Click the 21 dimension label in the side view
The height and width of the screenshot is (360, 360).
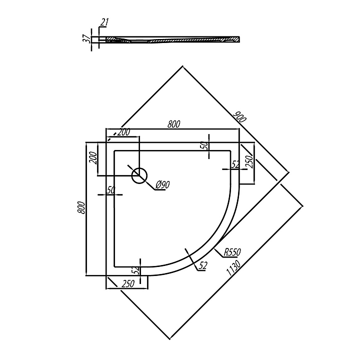tap(104, 22)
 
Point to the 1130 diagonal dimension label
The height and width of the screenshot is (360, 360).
tap(233, 267)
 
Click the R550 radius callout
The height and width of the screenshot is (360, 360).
tap(232, 252)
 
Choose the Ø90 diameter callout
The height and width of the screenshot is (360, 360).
tap(162, 184)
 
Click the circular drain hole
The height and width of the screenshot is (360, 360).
tap(139, 175)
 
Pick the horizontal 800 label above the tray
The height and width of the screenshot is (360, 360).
tap(173, 124)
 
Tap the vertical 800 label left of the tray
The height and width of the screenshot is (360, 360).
tap(81, 207)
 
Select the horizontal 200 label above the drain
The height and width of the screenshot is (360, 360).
tap(124, 132)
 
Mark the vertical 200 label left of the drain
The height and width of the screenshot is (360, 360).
tap(93, 158)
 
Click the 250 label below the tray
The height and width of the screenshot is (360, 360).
tap(128, 284)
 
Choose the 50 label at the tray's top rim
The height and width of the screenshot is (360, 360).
tap(205, 145)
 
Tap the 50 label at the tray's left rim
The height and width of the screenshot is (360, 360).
tap(111, 190)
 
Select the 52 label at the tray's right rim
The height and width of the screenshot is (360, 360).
tap(235, 164)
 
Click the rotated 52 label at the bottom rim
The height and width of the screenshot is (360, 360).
tap(136, 270)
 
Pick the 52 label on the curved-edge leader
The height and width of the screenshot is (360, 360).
tap(202, 265)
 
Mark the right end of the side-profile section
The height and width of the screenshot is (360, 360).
tap(239, 39)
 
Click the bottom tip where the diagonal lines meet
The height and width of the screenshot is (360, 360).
tap(169, 339)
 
